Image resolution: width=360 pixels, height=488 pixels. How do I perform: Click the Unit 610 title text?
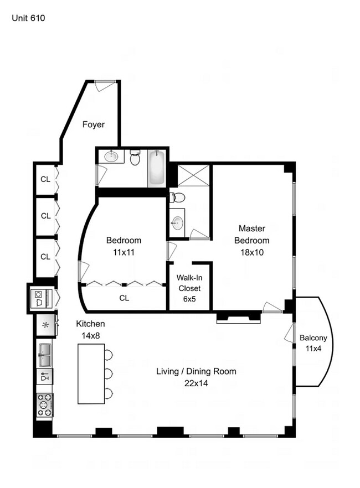28,18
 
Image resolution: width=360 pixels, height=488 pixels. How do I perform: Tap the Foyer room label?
94,124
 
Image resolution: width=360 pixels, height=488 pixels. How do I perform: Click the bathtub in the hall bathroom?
156,168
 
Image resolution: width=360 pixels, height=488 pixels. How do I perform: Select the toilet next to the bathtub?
135,158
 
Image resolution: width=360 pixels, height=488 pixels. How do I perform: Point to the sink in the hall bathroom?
111,156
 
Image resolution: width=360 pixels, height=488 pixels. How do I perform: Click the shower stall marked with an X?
193,175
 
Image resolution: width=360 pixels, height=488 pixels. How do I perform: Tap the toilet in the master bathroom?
178,198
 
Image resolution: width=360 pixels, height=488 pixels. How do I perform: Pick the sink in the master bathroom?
178,223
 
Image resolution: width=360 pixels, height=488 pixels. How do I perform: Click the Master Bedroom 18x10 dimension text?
252,252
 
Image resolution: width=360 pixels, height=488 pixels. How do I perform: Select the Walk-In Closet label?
189,283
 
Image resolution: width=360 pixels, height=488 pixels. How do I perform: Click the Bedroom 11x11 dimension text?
124,252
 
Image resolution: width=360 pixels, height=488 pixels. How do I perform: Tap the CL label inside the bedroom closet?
124,298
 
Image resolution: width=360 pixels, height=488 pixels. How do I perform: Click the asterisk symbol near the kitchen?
45,325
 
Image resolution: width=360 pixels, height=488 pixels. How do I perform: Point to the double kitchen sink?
45,355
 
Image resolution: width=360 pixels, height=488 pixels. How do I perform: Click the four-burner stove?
44,404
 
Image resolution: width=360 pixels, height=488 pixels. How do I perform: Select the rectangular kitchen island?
91,374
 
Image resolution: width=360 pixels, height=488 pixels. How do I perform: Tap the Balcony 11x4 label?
313,343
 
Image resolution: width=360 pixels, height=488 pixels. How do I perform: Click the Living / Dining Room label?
196,371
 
